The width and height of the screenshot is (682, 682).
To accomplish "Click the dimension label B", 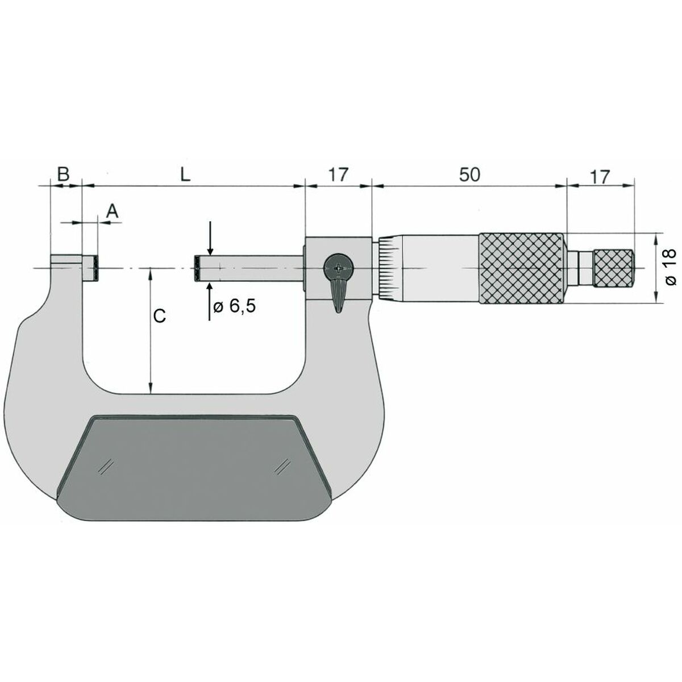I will point(64,174).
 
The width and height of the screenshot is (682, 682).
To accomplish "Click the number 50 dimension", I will point(469,175).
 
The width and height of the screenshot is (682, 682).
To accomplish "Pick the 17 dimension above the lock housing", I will point(338,175).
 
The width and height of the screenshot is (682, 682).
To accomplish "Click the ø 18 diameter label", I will point(669,267).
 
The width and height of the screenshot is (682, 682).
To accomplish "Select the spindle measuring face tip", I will point(197,268).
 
